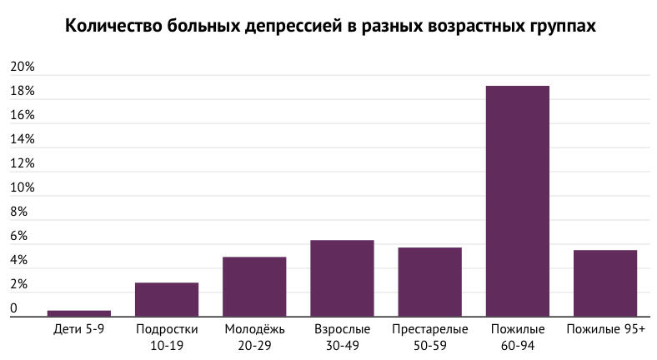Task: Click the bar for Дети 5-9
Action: [x=79, y=313]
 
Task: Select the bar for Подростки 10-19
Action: [x=167, y=300]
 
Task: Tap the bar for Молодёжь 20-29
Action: [x=254, y=287]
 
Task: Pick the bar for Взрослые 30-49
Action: [x=342, y=278]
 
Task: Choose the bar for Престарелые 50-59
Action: [x=429, y=282]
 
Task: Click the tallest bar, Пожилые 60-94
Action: [x=518, y=201]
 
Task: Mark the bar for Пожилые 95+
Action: [x=605, y=283]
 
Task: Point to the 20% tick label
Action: [x=22, y=67]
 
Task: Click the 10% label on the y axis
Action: [x=22, y=188]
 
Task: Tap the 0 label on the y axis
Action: [x=13, y=309]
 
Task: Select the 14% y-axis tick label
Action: [x=22, y=139]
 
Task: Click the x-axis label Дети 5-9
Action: [x=79, y=330]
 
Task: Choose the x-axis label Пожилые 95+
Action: [x=605, y=330]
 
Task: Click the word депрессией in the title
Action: [x=301, y=27]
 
